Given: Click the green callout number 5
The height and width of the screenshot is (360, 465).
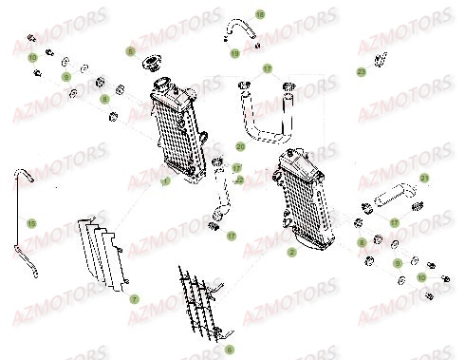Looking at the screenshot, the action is (x=131, y=49).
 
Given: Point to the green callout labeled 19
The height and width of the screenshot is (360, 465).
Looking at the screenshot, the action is (x=235, y=53).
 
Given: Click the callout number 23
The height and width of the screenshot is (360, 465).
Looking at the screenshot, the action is (x=362, y=71).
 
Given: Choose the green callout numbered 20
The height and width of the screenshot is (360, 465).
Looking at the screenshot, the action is (x=240, y=146).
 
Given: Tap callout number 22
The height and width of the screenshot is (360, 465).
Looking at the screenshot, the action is (x=239, y=179).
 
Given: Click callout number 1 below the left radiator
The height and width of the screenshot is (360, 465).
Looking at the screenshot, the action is (x=165, y=180).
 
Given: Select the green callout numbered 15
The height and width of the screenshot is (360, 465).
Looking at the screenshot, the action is (x=31, y=223).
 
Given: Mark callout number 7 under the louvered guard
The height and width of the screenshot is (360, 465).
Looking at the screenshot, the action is (x=135, y=298).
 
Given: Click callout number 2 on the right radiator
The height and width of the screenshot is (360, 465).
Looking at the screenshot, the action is (x=291, y=253).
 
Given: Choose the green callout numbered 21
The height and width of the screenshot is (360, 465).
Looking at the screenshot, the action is (x=424, y=178).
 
